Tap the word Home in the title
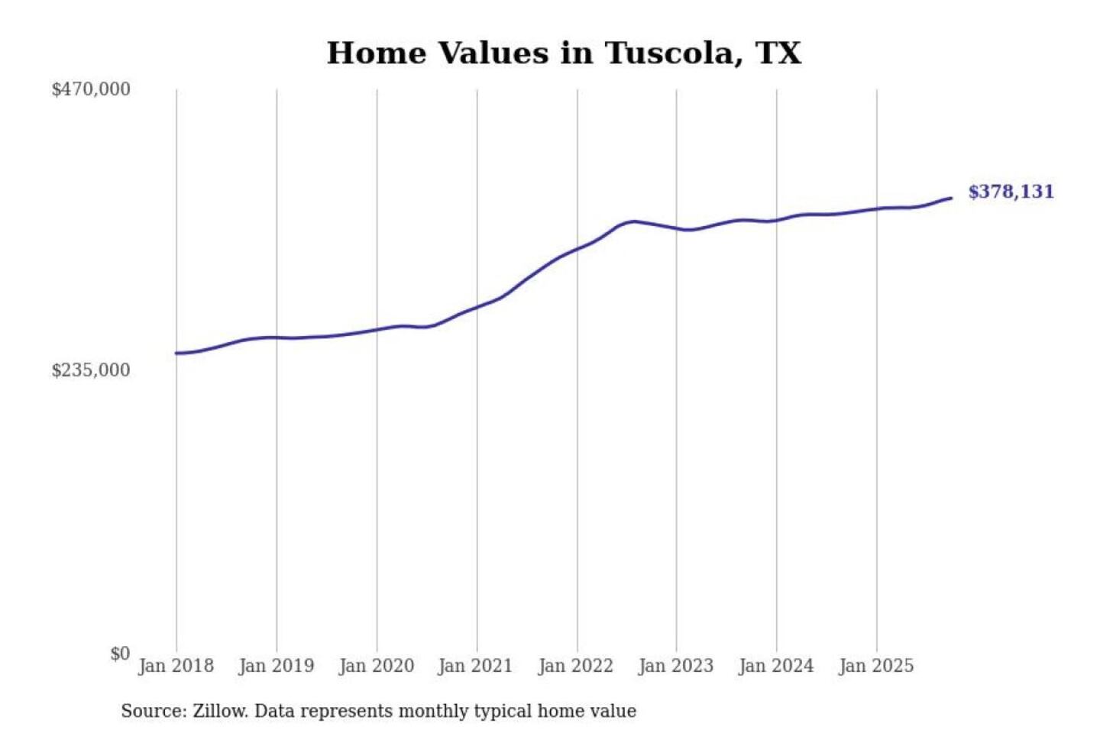(x=376, y=53)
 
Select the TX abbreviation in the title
(x=778, y=53)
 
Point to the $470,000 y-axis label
(x=91, y=89)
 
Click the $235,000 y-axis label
(x=91, y=370)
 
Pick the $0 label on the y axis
(x=120, y=654)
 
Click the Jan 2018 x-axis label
(x=176, y=666)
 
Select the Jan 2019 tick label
(x=277, y=666)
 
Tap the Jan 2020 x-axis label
(x=377, y=666)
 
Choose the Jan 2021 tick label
(x=475, y=666)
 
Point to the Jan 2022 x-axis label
(x=576, y=666)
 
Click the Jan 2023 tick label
(x=676, y=666)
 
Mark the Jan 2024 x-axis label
(x=776, y=666)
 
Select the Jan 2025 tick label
(x=876, y=666)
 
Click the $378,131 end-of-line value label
(x=1011, y=192)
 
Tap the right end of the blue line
(x=951, y=199)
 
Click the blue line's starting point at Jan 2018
(x=176, y=353)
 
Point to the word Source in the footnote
(x=153, y=712)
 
